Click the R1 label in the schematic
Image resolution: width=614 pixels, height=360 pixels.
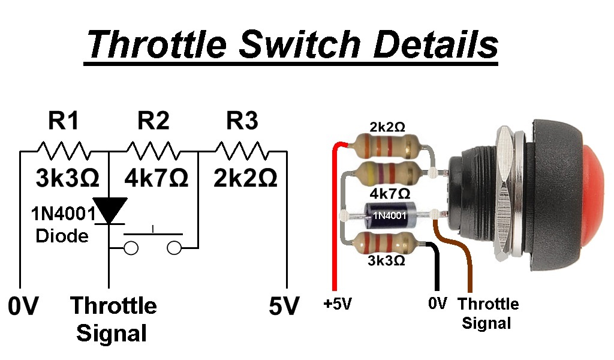coord(63,121)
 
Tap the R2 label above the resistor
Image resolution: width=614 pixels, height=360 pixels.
coord(153,121)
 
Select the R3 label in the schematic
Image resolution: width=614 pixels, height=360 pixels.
coord(242,121)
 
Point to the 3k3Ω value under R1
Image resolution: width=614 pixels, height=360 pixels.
coord(66,178)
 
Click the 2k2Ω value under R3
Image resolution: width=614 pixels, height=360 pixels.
coord(246,178)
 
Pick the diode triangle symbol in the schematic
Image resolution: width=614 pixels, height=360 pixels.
coord(109,209)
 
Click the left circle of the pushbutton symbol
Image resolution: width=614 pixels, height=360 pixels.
coord(131,247)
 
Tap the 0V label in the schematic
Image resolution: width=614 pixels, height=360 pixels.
coord(23,307)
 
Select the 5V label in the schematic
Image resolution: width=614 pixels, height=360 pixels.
coord(283,307)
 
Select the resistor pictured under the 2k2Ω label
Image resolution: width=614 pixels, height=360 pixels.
coord(384,145)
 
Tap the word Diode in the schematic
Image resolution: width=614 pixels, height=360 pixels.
coord(62,236)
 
